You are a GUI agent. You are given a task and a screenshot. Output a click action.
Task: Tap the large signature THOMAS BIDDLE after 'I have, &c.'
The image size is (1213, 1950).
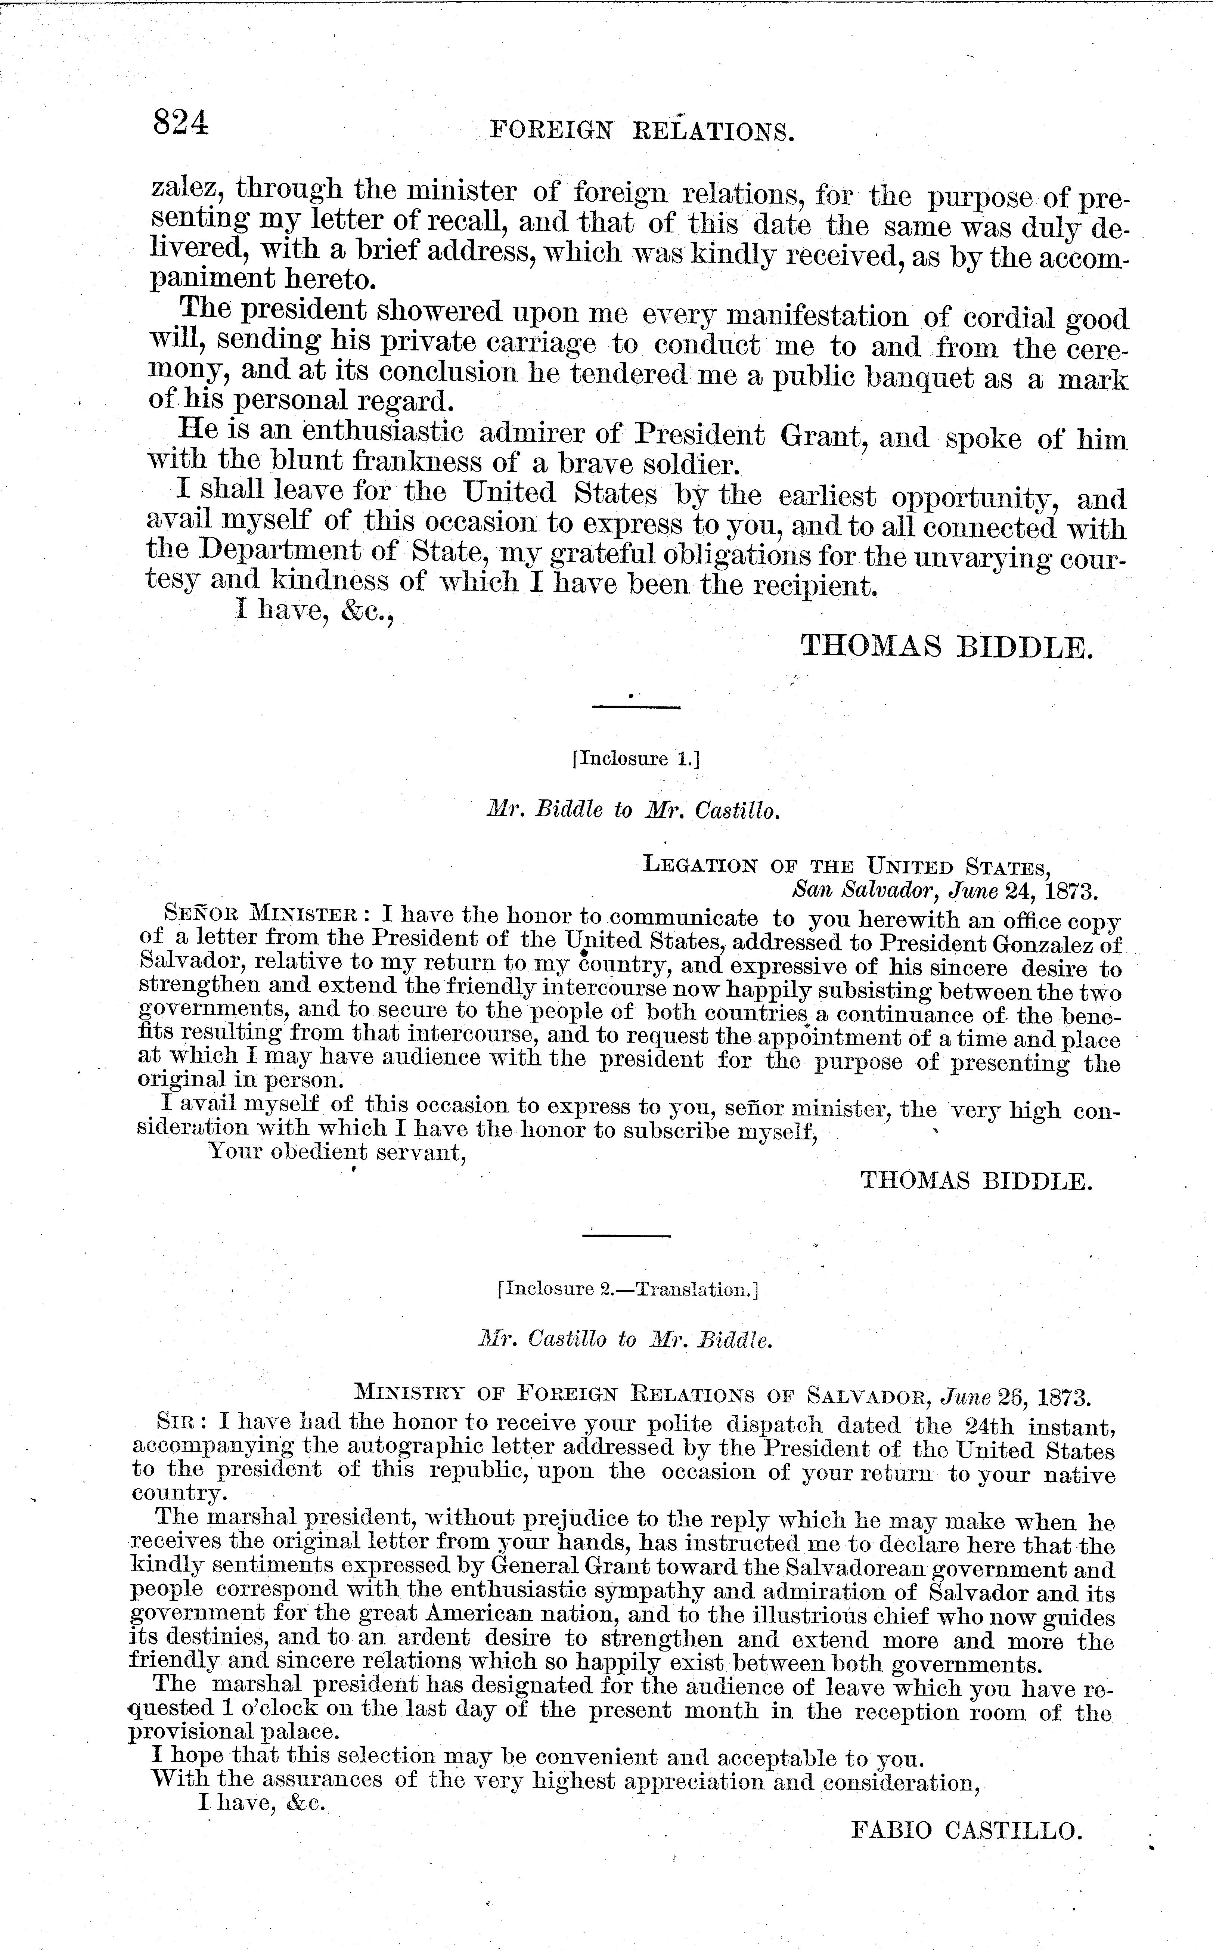click(947, 646)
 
